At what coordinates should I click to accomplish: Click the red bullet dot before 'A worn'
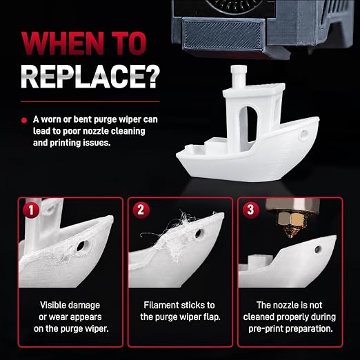(24, 120)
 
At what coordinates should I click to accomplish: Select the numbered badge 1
(31, 210)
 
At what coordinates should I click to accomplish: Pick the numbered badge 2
(141, 210)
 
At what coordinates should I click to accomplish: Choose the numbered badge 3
(251, 210)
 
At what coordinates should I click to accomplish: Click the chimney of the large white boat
(239, 76)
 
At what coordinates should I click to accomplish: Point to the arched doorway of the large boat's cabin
(249, 125)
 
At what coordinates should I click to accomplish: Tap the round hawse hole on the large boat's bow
(303, 134)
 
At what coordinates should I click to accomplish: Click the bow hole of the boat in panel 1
(81, 246)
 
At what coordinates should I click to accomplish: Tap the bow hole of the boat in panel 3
(318, 249)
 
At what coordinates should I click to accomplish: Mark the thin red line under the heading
(90, 101)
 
